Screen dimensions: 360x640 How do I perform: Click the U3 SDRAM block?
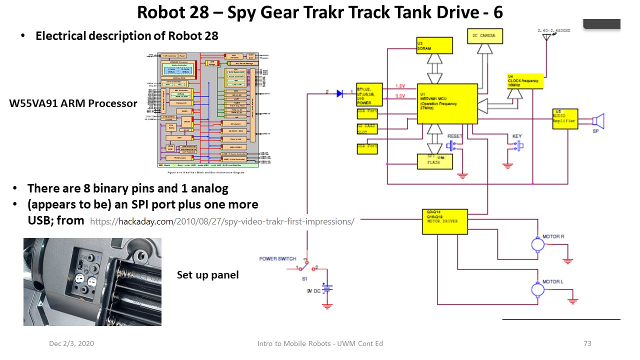tap(434, 45)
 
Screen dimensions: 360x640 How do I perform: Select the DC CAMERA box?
tap(484, 35)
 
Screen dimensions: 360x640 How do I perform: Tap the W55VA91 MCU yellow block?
tap(447, 103)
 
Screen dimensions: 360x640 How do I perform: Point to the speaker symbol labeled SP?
tap(598, 121)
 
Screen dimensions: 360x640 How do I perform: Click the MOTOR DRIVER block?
tap(445, 220)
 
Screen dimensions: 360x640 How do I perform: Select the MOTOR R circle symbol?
tap(537, 245)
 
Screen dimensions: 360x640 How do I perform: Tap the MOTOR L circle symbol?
tap(537, 289)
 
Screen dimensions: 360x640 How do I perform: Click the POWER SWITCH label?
tap(277, 258)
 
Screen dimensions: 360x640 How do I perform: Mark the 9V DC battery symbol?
tap(327, 289)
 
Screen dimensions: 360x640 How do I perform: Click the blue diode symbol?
tap(340, 93)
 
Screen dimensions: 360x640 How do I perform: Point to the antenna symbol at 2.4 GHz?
tap(547, 37)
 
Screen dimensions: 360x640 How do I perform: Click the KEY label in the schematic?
tap(517, 136)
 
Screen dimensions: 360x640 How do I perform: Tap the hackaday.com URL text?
tap(222, 221)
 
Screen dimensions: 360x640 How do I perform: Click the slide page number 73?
tap(587, 343)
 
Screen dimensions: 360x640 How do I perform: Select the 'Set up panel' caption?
tap(207, 275)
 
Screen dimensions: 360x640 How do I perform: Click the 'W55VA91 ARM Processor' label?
tap(73, 103)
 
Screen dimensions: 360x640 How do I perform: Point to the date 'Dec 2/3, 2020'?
tap(71, 343)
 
